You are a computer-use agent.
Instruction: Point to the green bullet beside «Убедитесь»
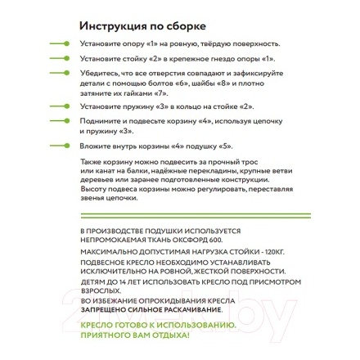pyautogui.click(x=56, y=76)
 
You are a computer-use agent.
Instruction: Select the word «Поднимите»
pyautogui.click(x=95, y=119)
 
